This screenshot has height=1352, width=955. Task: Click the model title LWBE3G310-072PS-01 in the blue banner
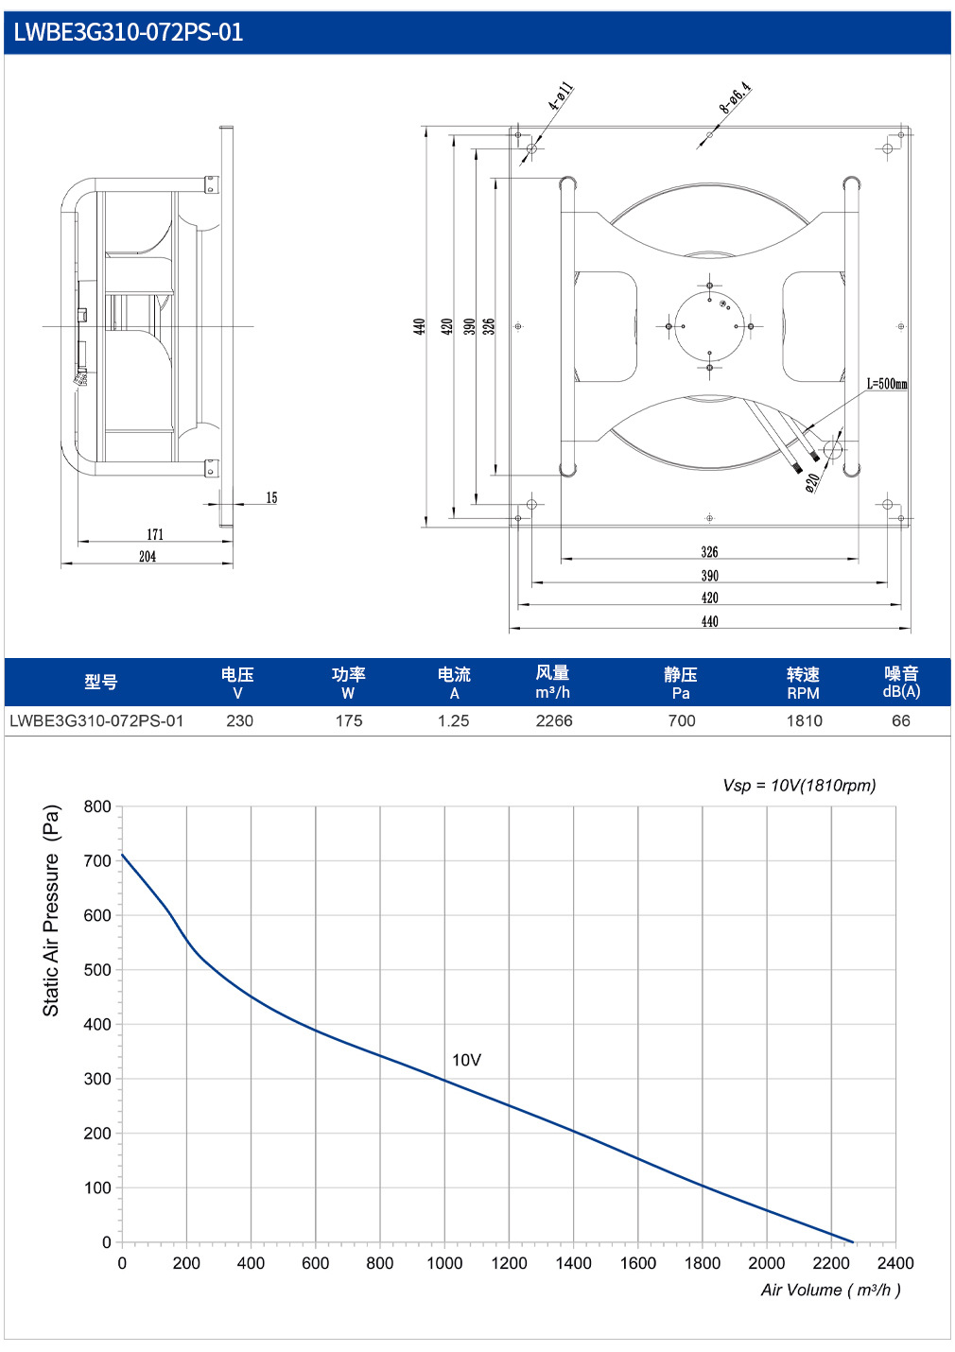pos(128,32)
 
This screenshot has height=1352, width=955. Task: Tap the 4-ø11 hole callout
pos(560,96)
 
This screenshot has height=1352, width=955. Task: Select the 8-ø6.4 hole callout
pos(735,97)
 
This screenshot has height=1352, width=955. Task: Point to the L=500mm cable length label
pos(886,384)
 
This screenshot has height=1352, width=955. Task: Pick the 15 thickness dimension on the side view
pos(271,497)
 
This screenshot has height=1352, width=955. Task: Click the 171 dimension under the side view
pos(155,534)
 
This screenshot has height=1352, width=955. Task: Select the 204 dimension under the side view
pos(148,557)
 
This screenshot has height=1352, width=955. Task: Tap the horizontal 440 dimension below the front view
pos(709,621)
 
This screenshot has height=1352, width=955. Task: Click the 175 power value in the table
pos(349,720)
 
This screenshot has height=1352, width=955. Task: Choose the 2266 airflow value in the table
pos(553,720)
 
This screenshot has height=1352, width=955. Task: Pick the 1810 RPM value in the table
pos(804,720)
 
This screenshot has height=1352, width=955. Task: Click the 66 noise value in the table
pos(901,720)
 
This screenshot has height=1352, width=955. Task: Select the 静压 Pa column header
pos(681,683)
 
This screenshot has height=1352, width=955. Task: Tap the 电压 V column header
pos(237,683)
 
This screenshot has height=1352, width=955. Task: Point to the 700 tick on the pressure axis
pos(97,860)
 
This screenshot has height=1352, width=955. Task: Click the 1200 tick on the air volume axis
pos(509,1263)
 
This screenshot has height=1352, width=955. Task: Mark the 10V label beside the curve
pos(467,1060)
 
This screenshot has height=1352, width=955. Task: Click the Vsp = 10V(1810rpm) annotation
pos(799,786)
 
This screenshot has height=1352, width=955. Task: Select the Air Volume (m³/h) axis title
pos(830,1290)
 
